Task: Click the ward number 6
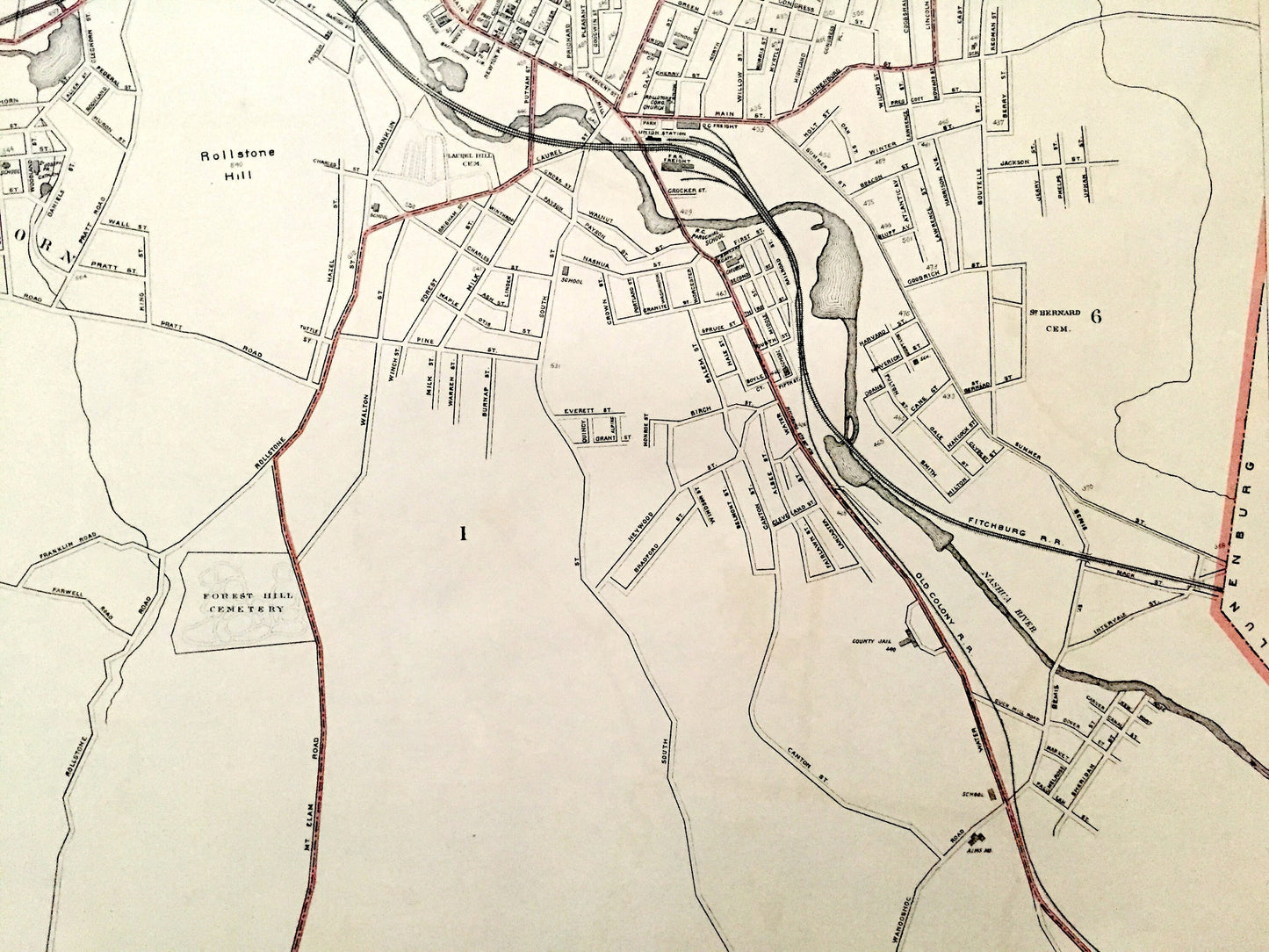pyautogui.click(x=1095, y=317)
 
